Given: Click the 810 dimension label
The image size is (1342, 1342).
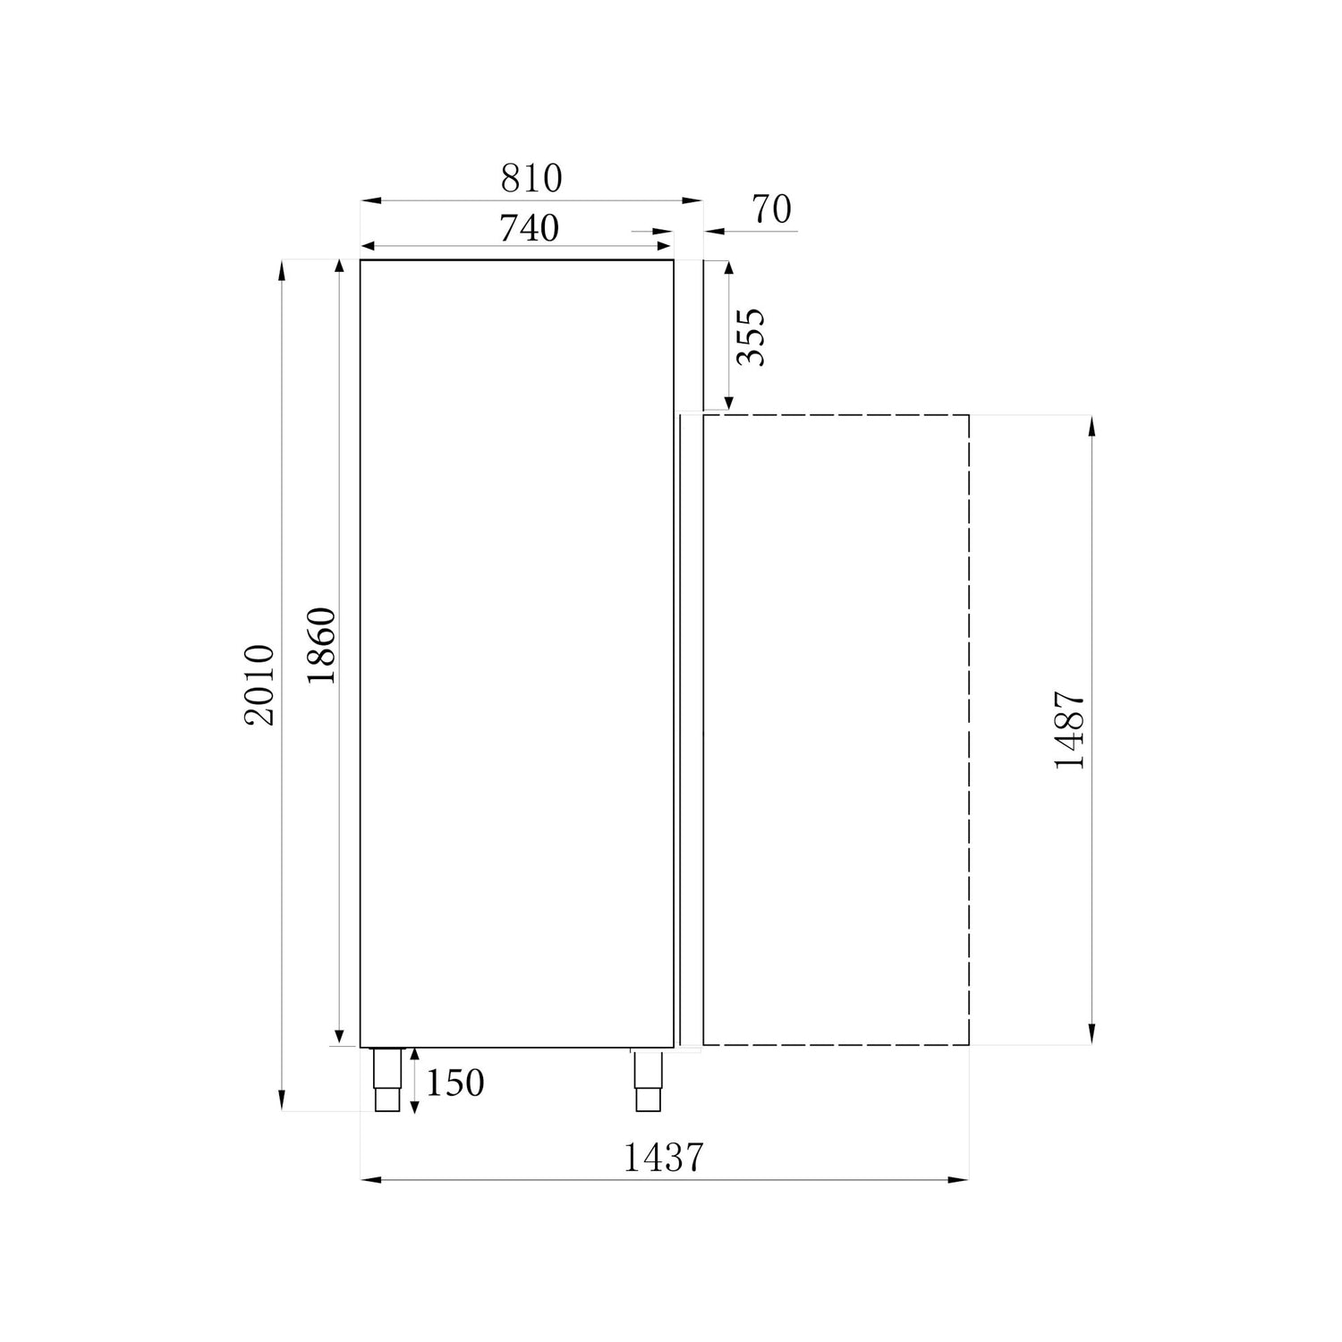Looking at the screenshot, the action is [531, 178].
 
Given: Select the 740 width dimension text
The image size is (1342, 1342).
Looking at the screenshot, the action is [529, 228].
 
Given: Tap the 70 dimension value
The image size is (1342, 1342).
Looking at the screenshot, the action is [771, 208].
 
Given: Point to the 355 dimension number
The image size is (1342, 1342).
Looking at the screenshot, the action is [750, 336].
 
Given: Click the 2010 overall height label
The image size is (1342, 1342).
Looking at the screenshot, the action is [260, 684].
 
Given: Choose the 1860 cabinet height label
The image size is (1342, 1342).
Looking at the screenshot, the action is [320, 645].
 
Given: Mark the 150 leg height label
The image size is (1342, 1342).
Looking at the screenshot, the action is [454, 1083].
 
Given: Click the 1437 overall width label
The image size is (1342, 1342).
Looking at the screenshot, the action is [663, 1158].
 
